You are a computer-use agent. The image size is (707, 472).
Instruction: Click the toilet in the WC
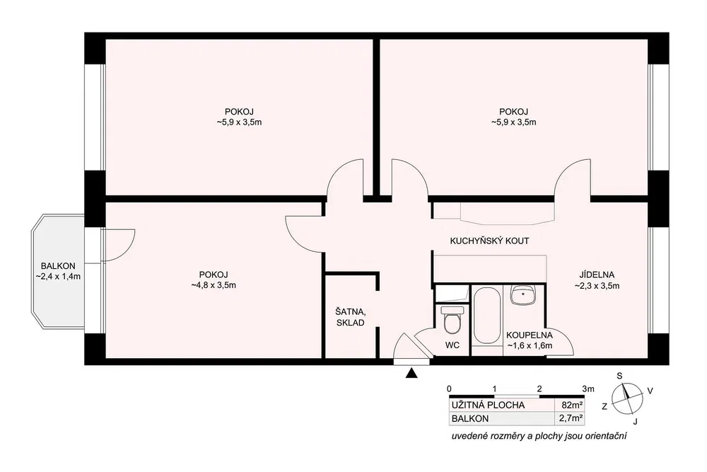[452, 320]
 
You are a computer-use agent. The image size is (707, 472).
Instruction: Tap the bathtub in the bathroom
[486, 316]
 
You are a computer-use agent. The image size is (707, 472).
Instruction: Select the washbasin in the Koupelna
[523, 294]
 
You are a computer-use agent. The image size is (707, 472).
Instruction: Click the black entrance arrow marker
[411, 373]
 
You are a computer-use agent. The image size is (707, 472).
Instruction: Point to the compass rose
[626, 398]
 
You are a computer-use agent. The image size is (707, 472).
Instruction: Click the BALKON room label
[58, 266]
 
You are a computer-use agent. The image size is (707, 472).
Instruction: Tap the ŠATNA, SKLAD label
[351, 317]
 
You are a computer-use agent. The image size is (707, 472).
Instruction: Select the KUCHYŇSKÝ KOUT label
[489, 241]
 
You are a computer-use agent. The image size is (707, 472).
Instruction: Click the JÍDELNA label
[597, 275]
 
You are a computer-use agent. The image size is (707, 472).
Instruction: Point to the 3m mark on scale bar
[588, 389]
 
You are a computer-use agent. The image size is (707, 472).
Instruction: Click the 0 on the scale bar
[449, 389]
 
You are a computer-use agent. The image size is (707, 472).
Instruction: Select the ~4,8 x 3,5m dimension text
[214, 285]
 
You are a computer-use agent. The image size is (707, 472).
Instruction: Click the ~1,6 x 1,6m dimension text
[530, 346]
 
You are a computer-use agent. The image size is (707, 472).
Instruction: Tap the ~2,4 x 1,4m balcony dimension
[58, 277]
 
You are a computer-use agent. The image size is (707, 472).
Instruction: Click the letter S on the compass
[619, 376]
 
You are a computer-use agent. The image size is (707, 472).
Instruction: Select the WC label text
[452, 345]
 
